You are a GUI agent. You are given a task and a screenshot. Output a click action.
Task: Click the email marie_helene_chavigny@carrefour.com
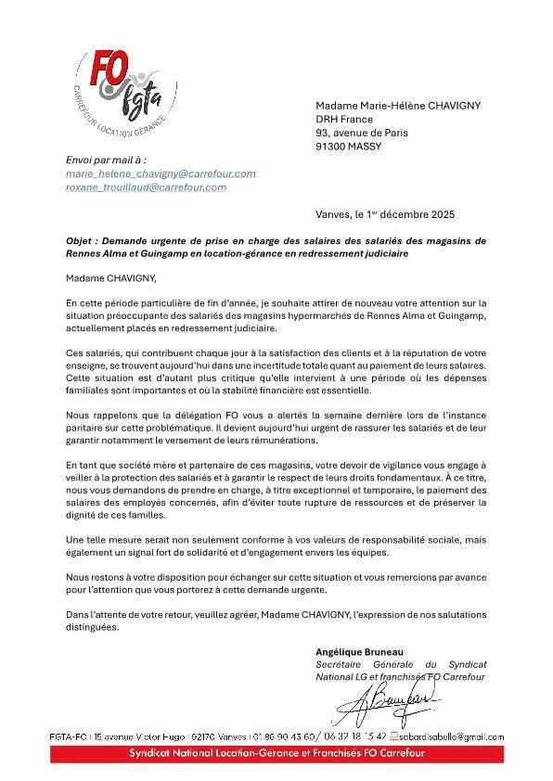point(161,173)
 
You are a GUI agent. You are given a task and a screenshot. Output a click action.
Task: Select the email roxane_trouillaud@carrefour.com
point(146,187)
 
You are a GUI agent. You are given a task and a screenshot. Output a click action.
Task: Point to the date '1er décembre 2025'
point(411,214)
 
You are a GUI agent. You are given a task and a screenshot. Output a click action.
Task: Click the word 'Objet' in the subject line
point(81,240)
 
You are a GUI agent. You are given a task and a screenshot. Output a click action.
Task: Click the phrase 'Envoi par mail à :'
point(106,160)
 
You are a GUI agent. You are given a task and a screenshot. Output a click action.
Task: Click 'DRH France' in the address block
point(344,119)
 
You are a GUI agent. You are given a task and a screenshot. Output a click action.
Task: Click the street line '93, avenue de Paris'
point(361,133)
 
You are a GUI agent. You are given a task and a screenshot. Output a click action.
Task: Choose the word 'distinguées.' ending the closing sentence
point(93,627)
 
